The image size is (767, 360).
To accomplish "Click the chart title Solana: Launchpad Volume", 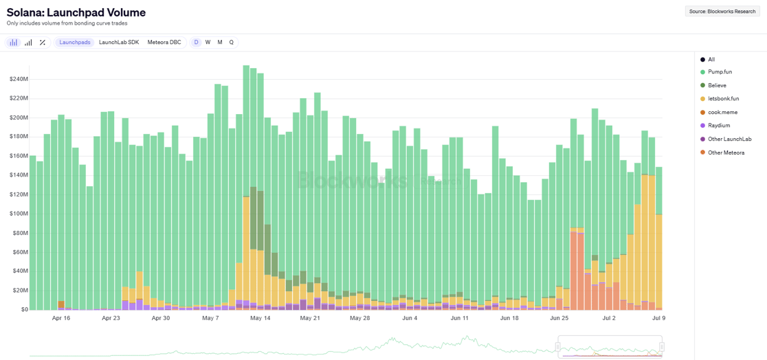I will pyautogui.click(x=76, y=12).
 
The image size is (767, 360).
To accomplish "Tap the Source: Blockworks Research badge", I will pyautogui.click(x=722, y=12).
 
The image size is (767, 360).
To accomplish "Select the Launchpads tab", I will pyautogui.click(x=75, y=43).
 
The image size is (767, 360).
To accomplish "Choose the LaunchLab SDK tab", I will pyautogui.click(x=119, y=43).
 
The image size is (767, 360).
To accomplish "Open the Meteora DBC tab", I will pyautogui.click(x=164, y=43).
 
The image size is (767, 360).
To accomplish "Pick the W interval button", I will pyautogui.click(x=208, y=43).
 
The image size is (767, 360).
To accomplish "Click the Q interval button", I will pyautogui.click(x=232, y=43).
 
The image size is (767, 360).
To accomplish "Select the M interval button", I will pyautogui.click(x=220, y=43).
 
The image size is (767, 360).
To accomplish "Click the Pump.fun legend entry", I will pyautogui.click(x=720, y=72).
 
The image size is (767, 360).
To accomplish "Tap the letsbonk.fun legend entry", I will pyautogui.click(x=723, y=99).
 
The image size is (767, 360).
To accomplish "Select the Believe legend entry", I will pyautogui.click(x=717, y=86).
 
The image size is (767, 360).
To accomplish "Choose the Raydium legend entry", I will pyautogui.click(x=719, y=126).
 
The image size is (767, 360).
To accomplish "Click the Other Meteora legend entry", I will pyautogui.click(x=726, y=153).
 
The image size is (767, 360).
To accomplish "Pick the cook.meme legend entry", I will pyautogui.click(x=722, y=112).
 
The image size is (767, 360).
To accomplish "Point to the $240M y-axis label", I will pyautogui.click(x=19, y=79).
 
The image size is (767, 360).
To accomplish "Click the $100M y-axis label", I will pyautogui.click(x=19, y=214).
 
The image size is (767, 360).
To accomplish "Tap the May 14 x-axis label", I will pyautogui.click(x=260, y=318).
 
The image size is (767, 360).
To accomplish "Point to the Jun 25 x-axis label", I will pyautogui.click(x=559, y=318).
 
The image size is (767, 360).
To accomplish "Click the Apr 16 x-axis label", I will pyautogui.click(x=61, y=318).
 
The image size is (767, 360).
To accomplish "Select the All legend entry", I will pyautogui.click(x=711, y=60).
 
